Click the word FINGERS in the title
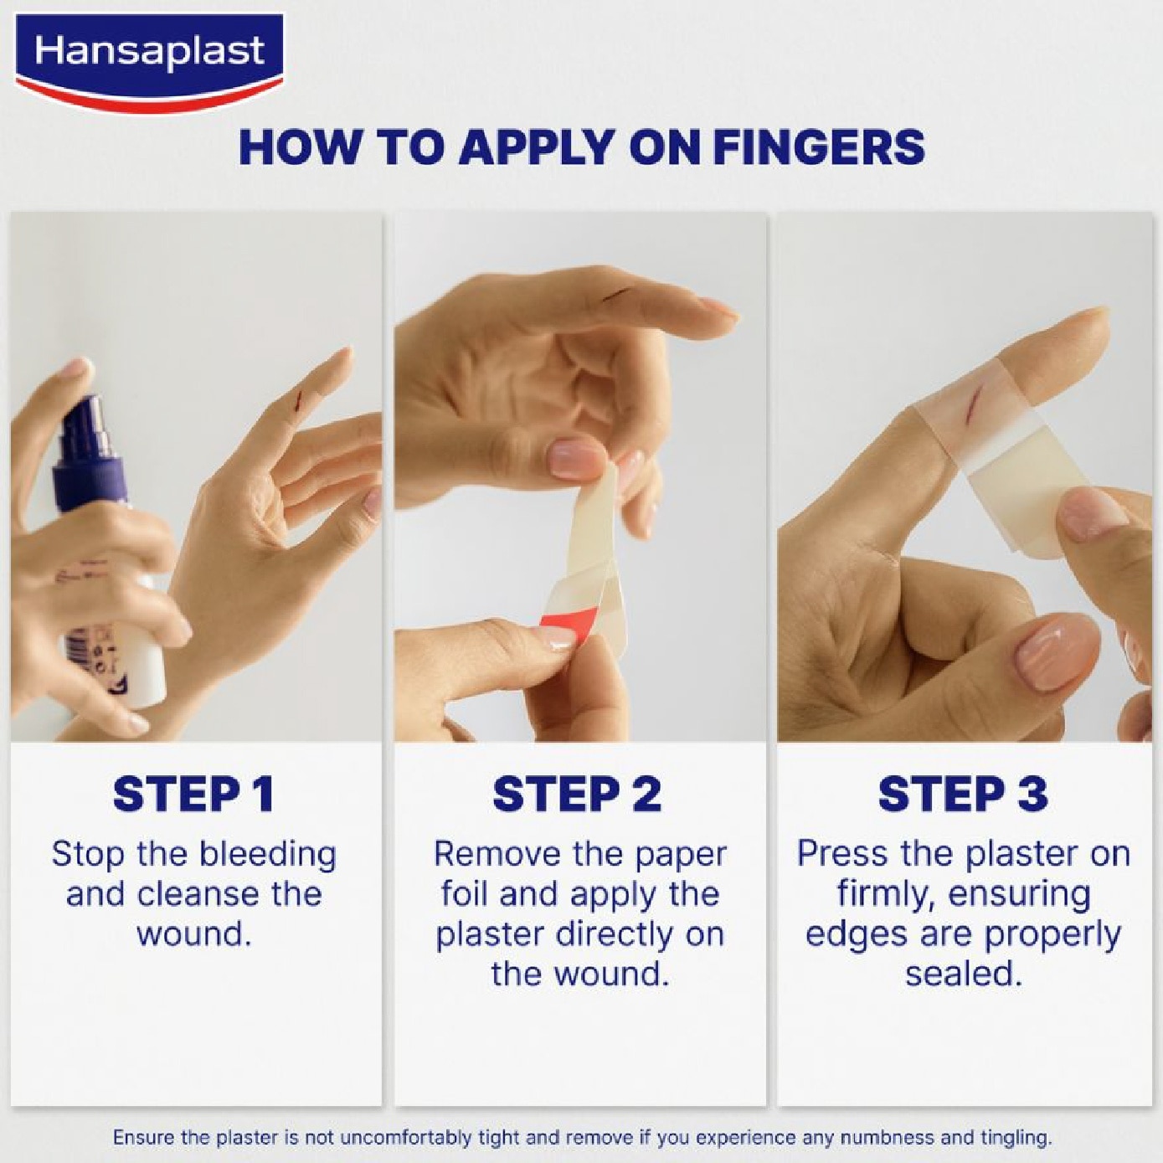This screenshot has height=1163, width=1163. point(819,147)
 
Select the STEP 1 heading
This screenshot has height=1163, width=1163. point(194,795)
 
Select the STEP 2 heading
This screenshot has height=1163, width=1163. point(579,795)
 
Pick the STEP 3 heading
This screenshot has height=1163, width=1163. point(963,795)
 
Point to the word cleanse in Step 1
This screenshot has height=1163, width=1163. point(198,895)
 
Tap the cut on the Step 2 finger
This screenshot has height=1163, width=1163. point(617,293)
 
